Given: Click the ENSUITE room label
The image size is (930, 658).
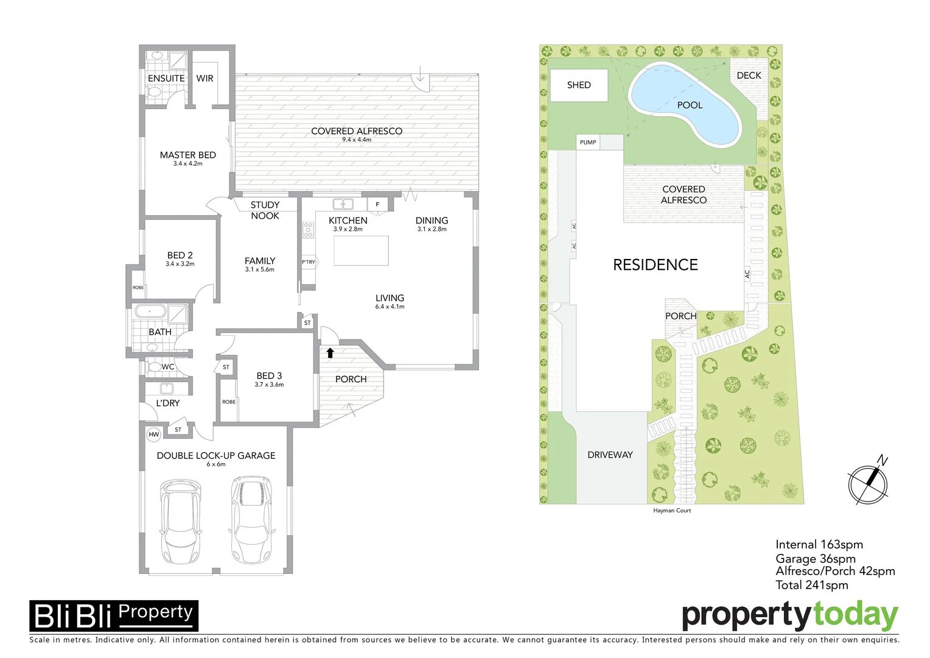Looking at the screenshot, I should point(166,79).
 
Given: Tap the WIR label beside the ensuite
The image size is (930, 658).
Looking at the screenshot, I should point(205,79).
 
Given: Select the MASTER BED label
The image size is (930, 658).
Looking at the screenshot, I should point(187,155).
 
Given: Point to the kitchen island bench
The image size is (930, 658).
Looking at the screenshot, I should point(361,251).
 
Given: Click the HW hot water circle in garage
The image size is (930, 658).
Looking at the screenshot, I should point(154,434).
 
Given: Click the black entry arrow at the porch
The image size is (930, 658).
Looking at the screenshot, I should point(330,352).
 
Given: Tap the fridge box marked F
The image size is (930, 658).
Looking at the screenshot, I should point(377,205).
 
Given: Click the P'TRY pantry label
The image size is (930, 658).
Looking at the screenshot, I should point(309,262).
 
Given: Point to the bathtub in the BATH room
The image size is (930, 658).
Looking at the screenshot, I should point(150,313).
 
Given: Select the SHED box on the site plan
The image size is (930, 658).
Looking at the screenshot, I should point(579,85).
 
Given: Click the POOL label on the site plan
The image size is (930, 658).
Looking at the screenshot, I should point(690,105).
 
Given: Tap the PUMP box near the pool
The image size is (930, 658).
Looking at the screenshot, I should point(588,143).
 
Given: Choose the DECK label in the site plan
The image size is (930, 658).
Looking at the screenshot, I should point(749,76).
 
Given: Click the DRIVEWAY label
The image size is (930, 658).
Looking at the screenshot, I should point(610,455).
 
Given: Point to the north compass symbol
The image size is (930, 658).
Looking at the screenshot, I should point(869,484).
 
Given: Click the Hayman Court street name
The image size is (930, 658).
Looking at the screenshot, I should point(672,511).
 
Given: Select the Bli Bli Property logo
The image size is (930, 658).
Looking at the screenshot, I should point(114,616).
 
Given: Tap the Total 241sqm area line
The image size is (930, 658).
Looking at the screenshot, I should point(811,585).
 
